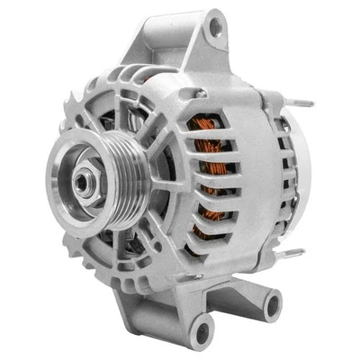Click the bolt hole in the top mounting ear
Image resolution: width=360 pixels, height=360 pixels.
pyautogui.click(x=214, y=26)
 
